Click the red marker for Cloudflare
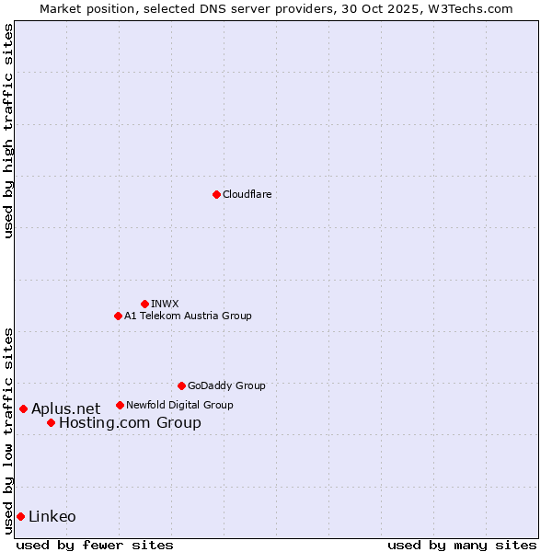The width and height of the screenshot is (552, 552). tap(216, 194)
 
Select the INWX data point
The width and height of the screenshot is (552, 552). tap(144, 304)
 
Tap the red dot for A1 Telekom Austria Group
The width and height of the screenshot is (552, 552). tap(118, 316)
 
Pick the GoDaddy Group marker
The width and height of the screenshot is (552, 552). tap(181, 385)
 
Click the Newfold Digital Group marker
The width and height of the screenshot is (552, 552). tap(120, 405)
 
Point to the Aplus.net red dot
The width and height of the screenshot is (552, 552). tap(23, 408)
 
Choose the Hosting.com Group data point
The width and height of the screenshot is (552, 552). tap(51, 423)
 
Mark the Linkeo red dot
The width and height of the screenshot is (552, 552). tap(20, 516)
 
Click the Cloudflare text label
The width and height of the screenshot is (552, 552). tap(247, 194)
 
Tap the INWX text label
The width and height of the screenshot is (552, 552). tap(165, 304)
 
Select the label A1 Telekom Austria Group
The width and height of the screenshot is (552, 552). tap(188, 316)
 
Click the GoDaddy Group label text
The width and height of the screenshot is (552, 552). tap(226, 385)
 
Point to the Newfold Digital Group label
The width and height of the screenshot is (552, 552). tap(179, 405)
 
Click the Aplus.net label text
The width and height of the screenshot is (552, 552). tap(65, 408)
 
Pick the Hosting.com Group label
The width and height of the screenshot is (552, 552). tap(130, 423)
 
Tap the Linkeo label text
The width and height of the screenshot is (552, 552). tap(52, 516)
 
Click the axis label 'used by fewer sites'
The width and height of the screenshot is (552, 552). tap(95, 545)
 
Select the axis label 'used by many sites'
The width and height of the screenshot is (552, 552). tap(461, 545)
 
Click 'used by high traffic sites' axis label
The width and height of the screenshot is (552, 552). tap(9, 131)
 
